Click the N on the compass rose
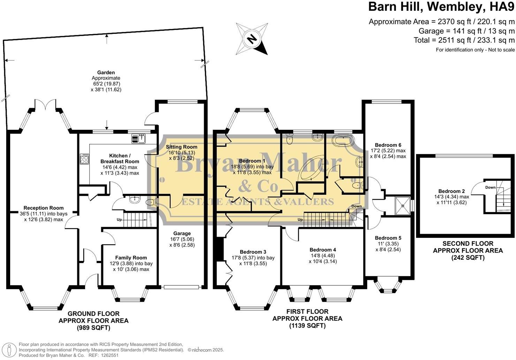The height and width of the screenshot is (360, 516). (252, 39)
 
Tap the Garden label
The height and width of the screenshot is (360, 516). (106, 72)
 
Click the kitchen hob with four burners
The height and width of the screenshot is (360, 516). (84, 159)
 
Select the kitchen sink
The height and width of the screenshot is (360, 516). (138, 138)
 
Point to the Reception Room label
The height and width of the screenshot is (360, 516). (44, 208)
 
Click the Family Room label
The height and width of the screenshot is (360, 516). (131, 258)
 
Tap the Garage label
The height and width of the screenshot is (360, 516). (182, 233)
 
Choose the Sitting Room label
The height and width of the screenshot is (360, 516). (182, 147)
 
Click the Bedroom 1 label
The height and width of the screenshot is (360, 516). (252, 161)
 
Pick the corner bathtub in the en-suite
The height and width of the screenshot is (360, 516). (309, 171)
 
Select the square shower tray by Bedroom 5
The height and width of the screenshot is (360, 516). (403, 205)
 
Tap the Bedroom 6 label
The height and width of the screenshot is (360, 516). (388, 145)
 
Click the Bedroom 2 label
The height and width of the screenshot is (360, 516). (451, 191)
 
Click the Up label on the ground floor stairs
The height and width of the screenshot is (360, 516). (119, 220)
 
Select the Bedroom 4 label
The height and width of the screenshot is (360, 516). (323, 250)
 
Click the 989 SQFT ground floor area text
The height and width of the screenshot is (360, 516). (93, 328)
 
